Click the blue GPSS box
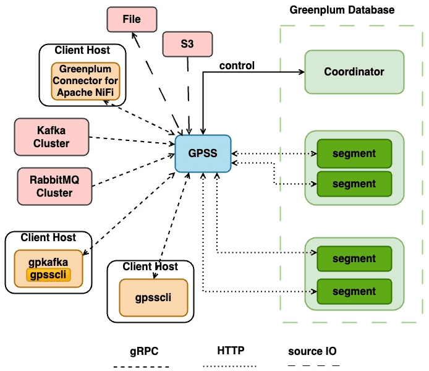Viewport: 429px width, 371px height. pos(202,153)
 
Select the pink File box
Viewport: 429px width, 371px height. pos(132,19)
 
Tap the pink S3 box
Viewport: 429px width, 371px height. pos(187,45)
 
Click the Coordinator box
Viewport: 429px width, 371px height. pos(354,72)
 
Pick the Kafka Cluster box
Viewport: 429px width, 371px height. pos(52,137)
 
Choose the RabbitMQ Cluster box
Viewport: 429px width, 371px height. pos(54,185)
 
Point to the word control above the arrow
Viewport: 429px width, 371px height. pos(237,66)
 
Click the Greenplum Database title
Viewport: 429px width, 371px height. pos(342,10)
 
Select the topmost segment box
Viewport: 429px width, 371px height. pos(354,153)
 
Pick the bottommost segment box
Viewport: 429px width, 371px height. pos(354,291)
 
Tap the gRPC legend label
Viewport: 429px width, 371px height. pos(144,351)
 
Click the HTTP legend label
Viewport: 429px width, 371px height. pos(231,351)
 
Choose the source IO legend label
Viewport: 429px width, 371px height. pos(312,351)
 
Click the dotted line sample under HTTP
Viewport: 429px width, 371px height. pos(231,365)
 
